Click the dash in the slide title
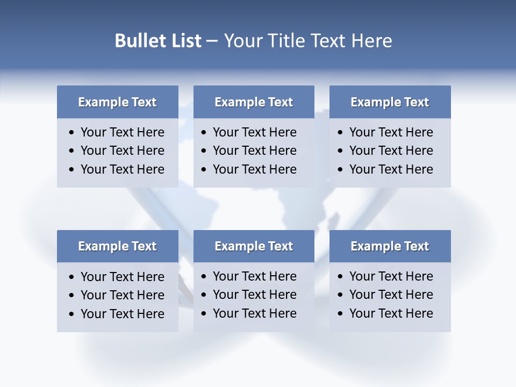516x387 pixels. point(212,41)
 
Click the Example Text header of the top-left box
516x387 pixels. point(117,102)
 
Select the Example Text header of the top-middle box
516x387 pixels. point(254,102)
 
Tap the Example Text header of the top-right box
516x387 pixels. point(390,102)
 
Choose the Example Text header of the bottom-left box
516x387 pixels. point(117,246)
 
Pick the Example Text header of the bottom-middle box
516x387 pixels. point(254,246)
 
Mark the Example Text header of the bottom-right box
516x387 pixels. point(390,246)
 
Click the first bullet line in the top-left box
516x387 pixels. point(122,132)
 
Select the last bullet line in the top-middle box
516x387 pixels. point(254,169)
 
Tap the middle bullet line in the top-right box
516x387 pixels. point(391,150)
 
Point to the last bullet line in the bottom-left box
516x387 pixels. point(122,314)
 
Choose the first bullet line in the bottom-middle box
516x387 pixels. point(254,276)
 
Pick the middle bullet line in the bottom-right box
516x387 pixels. point(391,295)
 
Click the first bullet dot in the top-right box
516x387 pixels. point(341,133)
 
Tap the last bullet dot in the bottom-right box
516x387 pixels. point(341,314)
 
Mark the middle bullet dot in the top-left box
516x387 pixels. point(72,151)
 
